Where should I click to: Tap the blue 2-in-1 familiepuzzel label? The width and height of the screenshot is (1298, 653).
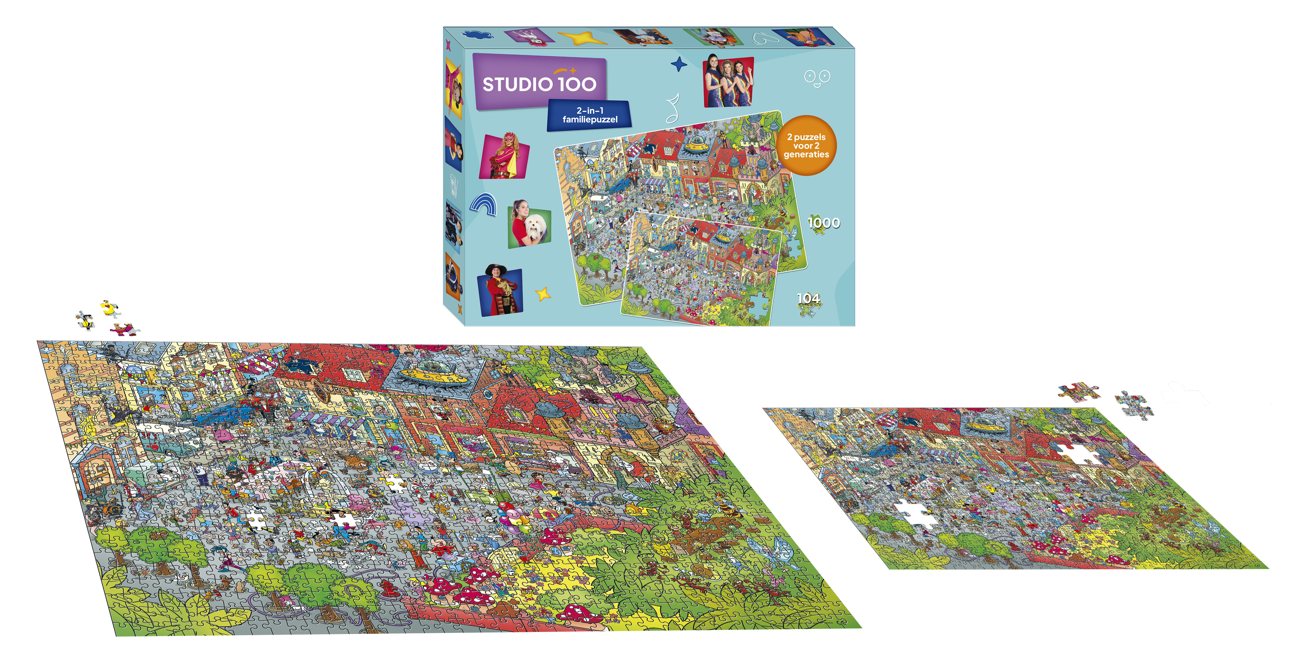point(589,115)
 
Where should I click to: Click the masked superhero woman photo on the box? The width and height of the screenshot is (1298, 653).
point(504,156)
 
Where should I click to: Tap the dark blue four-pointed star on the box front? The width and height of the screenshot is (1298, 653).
point(679,65)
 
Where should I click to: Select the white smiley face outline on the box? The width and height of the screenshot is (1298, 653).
point(817,78)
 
